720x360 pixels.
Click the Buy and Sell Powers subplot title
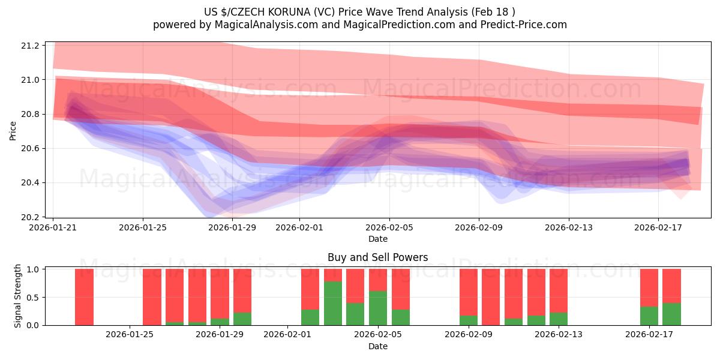click(377, 257)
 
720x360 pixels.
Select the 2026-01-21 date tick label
click(53, 227)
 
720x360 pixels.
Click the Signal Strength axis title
click(18, 296)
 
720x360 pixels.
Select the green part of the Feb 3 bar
click(333, 303)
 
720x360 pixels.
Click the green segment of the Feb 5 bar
click(378, 308)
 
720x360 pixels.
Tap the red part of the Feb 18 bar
click(671, 286)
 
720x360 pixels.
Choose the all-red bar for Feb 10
click(491, 297)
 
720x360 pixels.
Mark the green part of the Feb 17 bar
click(649, 316)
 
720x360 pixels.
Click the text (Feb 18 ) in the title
click(493, 12)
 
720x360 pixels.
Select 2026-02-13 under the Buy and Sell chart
click(559, 334)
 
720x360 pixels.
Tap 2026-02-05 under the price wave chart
click(389, 227)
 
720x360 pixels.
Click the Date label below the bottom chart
click(377, 346)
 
